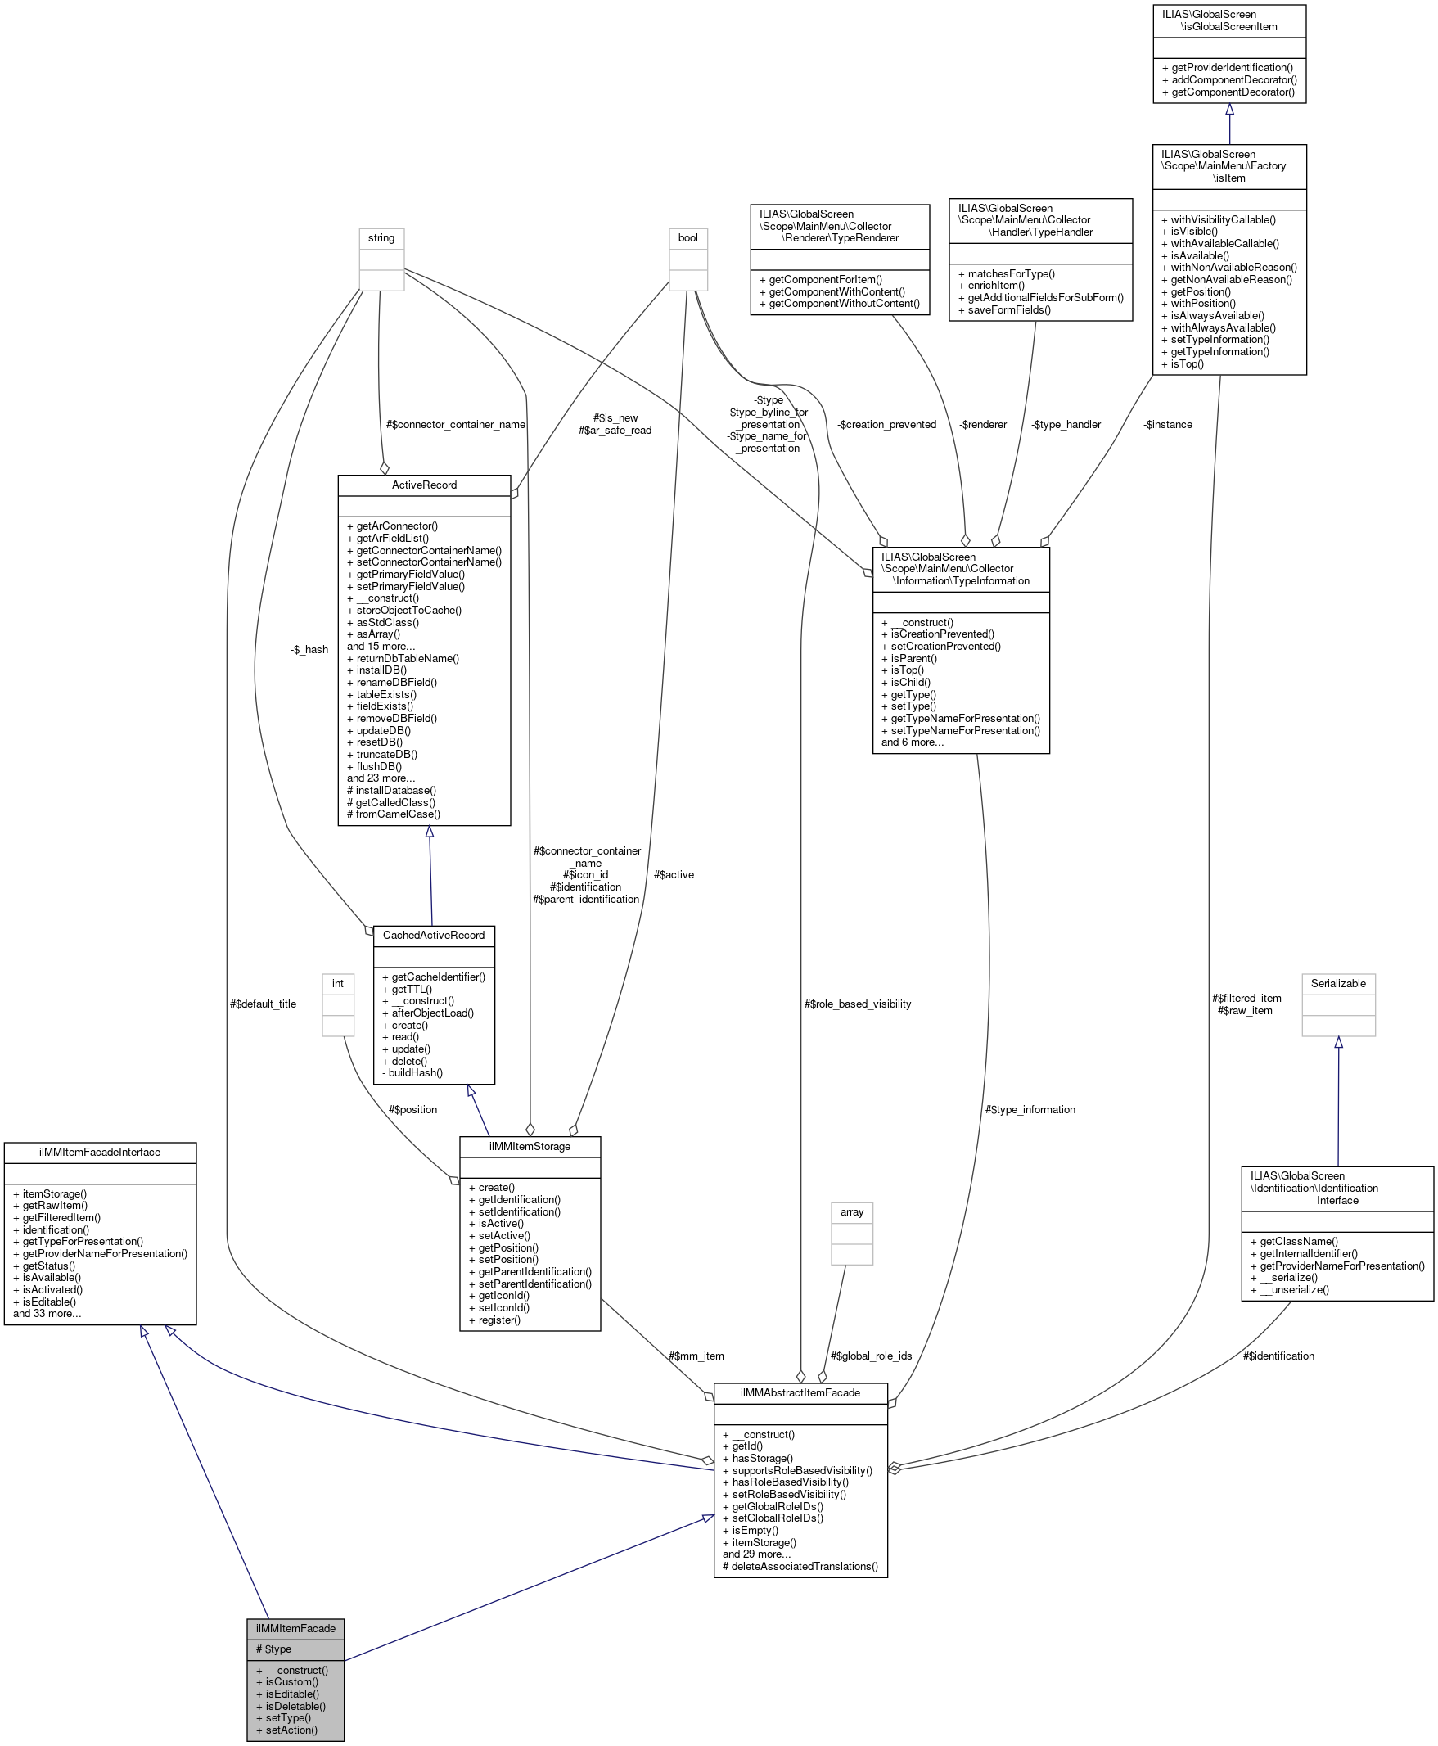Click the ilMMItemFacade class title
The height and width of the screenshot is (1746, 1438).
tap(295, 1628)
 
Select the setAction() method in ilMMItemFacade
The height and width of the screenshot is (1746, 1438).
tap(291, 1730)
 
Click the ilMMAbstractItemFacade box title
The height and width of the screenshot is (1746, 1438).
tap(800, 1392)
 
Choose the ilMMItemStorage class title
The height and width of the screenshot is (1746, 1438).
tap(530, 1146)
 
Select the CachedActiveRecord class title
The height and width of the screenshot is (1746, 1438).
tap(433, 935)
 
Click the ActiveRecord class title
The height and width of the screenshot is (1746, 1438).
tap(424, 485)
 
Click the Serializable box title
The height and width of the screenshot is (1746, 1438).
tap(1338, 983)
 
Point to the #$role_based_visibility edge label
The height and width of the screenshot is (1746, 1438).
tap(858, 1004)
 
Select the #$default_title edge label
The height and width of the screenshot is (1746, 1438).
tap(263, 1004)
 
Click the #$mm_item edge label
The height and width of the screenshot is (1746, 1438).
tap(696, 1356)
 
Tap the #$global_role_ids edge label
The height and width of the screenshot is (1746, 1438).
tap(871, 1356)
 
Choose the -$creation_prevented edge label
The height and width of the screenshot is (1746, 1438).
tap(886, 424)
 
